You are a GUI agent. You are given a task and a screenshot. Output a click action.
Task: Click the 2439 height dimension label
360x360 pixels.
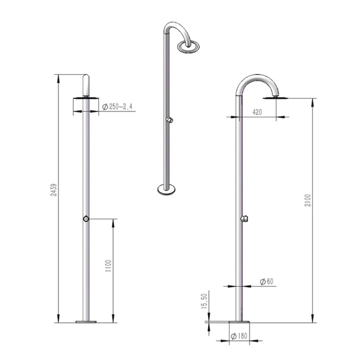(x=54, y=189)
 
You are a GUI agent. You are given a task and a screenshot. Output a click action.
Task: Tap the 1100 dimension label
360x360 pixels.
(x=108, y=266)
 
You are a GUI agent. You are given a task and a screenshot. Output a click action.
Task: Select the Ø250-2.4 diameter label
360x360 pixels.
(x=117, y=107)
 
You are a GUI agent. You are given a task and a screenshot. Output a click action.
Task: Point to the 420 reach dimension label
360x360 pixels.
(x=257, y=112)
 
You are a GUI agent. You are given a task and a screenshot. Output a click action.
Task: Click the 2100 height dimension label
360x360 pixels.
(x=308, y=200)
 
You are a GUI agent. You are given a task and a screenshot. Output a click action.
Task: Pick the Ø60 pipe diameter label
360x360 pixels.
(x=267, y=282)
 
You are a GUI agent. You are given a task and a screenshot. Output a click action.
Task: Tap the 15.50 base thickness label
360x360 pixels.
(x=204, y=301)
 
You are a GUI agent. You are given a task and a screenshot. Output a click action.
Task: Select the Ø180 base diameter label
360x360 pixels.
(x=239, y=336)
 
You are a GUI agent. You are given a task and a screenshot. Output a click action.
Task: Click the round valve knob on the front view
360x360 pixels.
(x=86, y=219)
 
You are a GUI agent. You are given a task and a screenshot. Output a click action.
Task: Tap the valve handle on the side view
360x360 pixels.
(x=244, y=219)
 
